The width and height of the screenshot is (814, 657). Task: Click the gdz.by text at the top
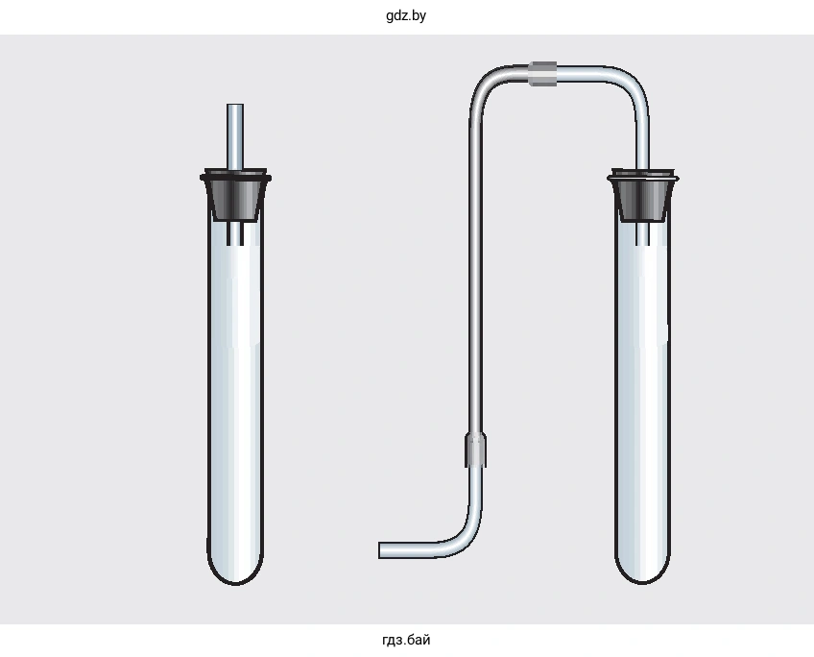pyautogui.click(x=406, y=15)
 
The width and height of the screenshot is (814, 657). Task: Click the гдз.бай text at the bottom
pyautogui.click(x=406, y=640)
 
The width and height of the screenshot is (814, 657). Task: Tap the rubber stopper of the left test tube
pyautogui.click(x=235, y=195)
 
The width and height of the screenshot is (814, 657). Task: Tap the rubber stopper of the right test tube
pyautogui.click(x=643, y=195)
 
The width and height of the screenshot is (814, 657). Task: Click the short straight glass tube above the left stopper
pyautogui.click(x=235, y=136)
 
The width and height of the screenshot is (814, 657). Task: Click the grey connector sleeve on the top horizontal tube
pyautogui.click(x=543, y=73)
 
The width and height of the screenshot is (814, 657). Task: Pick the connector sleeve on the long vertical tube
pyautogui.click(x=475, y=450)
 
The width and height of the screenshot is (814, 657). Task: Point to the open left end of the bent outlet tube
pyautogui.click(x=380, y=550)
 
